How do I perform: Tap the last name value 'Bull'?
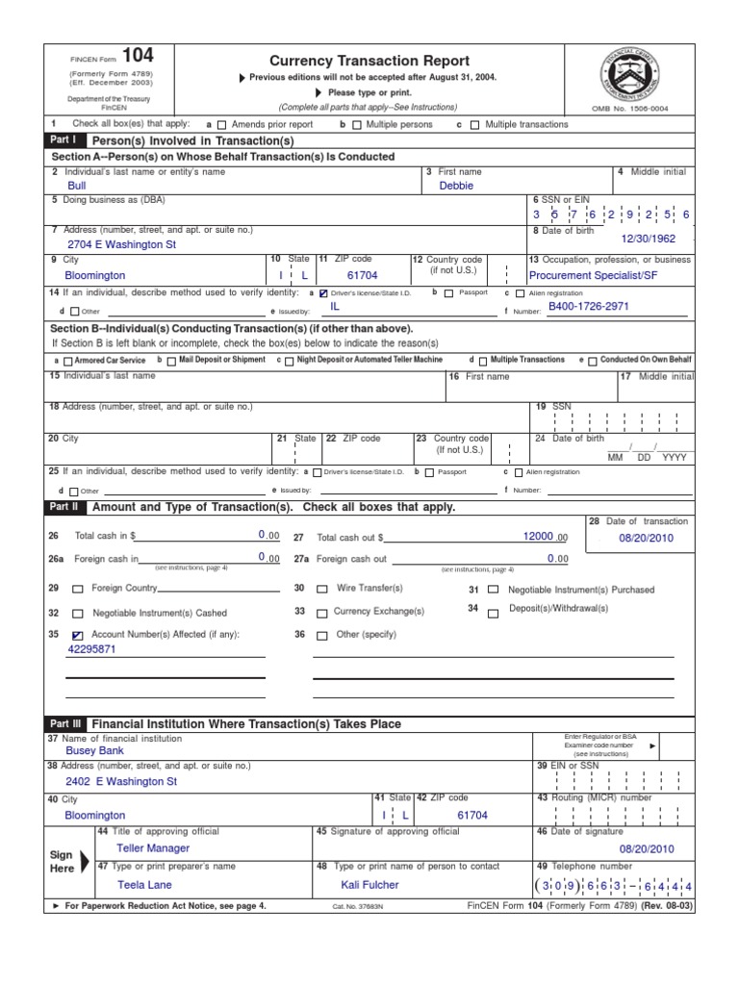(76, 187)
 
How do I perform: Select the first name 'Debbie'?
(456, 187)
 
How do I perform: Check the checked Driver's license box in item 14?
(323, 293)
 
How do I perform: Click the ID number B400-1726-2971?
(589, 305)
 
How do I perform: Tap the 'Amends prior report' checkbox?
(222, 125)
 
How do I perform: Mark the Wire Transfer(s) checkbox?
(322, 589)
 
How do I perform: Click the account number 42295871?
(91, 650)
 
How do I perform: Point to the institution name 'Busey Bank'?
(94, 750)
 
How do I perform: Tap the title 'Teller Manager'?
(152, 848)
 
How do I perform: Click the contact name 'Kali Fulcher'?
(369, 885)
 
